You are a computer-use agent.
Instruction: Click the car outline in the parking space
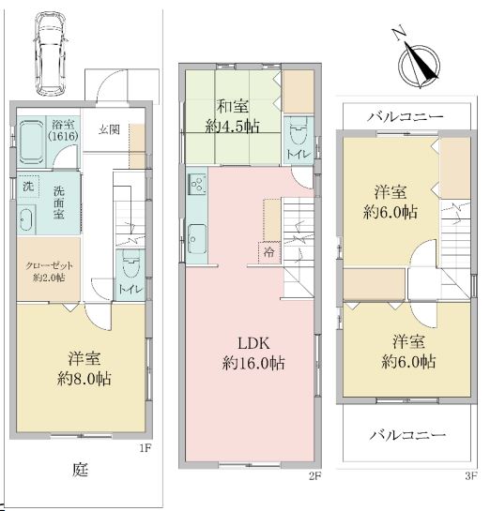(x=51, y=53)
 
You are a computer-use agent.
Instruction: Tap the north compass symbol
(x=419, y=63)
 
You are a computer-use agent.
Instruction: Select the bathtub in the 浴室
(x=31, y=143)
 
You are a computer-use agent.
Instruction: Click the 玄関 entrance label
(x=109, y=129)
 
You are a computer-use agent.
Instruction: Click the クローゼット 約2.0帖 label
(x=49, y=272)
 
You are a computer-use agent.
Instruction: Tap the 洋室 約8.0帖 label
(x=84, y=368)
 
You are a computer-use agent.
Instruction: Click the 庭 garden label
(x=80, y=470)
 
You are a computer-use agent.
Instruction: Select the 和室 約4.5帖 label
(x=233, y=116)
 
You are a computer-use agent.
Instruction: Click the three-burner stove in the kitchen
(x=198, y=185)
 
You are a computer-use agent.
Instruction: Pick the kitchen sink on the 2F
(x=197, y=239)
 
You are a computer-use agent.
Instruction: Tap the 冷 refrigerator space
(x=269, y=252)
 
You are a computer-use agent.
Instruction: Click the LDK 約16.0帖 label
(x=253, y=353)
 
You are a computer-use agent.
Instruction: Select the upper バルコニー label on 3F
(x=406, y=116)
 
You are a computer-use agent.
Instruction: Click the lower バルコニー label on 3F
(x=407, y=435)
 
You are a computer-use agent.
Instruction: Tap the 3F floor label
(x=471, y=476)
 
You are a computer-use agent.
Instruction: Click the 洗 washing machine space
(x=28, y=187)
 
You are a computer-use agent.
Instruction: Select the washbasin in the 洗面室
(x=26, y=219)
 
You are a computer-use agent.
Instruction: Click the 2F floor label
(x=315, y=476)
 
